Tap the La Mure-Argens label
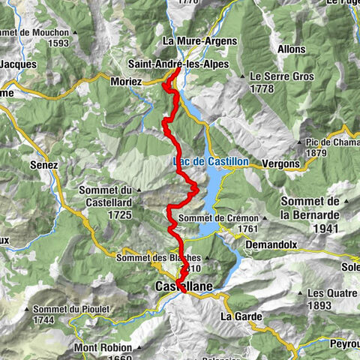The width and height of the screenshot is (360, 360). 199,40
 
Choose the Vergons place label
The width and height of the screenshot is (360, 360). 281,163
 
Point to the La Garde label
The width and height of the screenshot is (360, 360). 239,316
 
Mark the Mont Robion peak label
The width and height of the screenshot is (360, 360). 103,348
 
